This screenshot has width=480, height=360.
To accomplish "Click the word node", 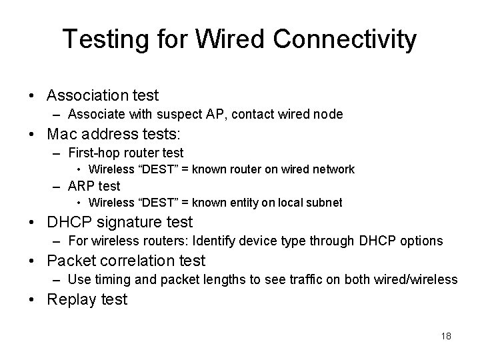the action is [329, 115].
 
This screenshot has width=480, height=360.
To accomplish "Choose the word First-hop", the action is [95, 153].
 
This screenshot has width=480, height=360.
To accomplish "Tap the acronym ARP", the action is [81, 186].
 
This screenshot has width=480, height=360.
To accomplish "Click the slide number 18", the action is [446, 336].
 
